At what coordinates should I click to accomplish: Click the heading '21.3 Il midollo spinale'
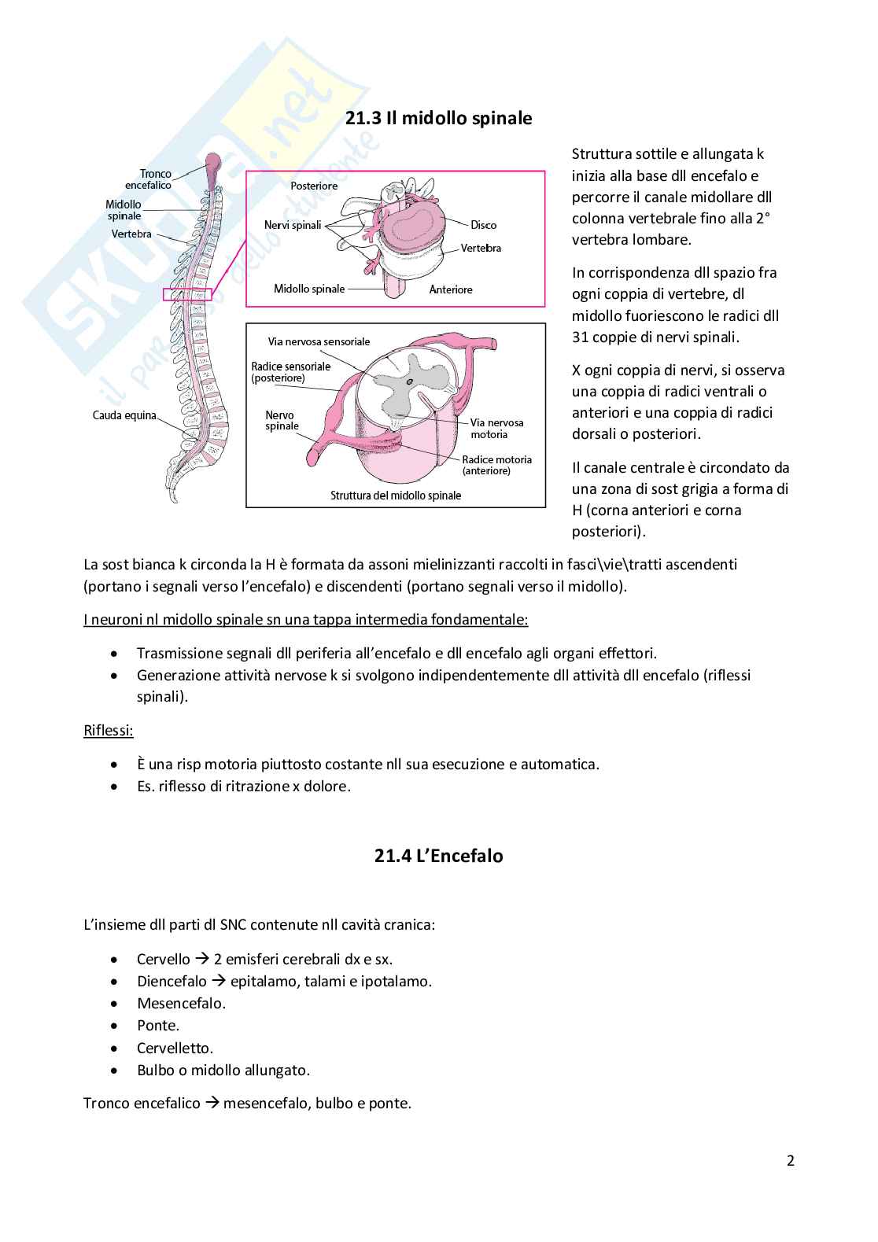[x=438, y=119]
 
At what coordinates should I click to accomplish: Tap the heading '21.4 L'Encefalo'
[x=438, y=856]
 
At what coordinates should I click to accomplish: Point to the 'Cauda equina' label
[x=124, y=415]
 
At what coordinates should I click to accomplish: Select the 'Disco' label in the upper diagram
[x=483, y=225]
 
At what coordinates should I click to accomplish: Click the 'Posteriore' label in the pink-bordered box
[x=314, y=186]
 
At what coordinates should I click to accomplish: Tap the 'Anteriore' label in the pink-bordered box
[x=451, y=289]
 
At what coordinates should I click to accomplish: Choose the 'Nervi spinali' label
[x=293, y=225]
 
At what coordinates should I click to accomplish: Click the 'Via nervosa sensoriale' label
[x=319, y=341]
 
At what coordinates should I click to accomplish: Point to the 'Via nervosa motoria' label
[x=496, y=429]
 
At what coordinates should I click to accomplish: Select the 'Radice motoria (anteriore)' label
[x=496, y=465]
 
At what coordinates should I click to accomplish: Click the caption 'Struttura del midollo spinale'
[x=396, y=496]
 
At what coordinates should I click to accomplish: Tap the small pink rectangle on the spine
[x=187, y=295]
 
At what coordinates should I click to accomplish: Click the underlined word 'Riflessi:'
[x=109, y=731]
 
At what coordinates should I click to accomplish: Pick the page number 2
[x=791, y=1160]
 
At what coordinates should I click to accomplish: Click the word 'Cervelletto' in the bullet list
[x=174, y=1048]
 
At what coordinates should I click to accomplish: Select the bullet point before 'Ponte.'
[x=116, y=1026]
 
